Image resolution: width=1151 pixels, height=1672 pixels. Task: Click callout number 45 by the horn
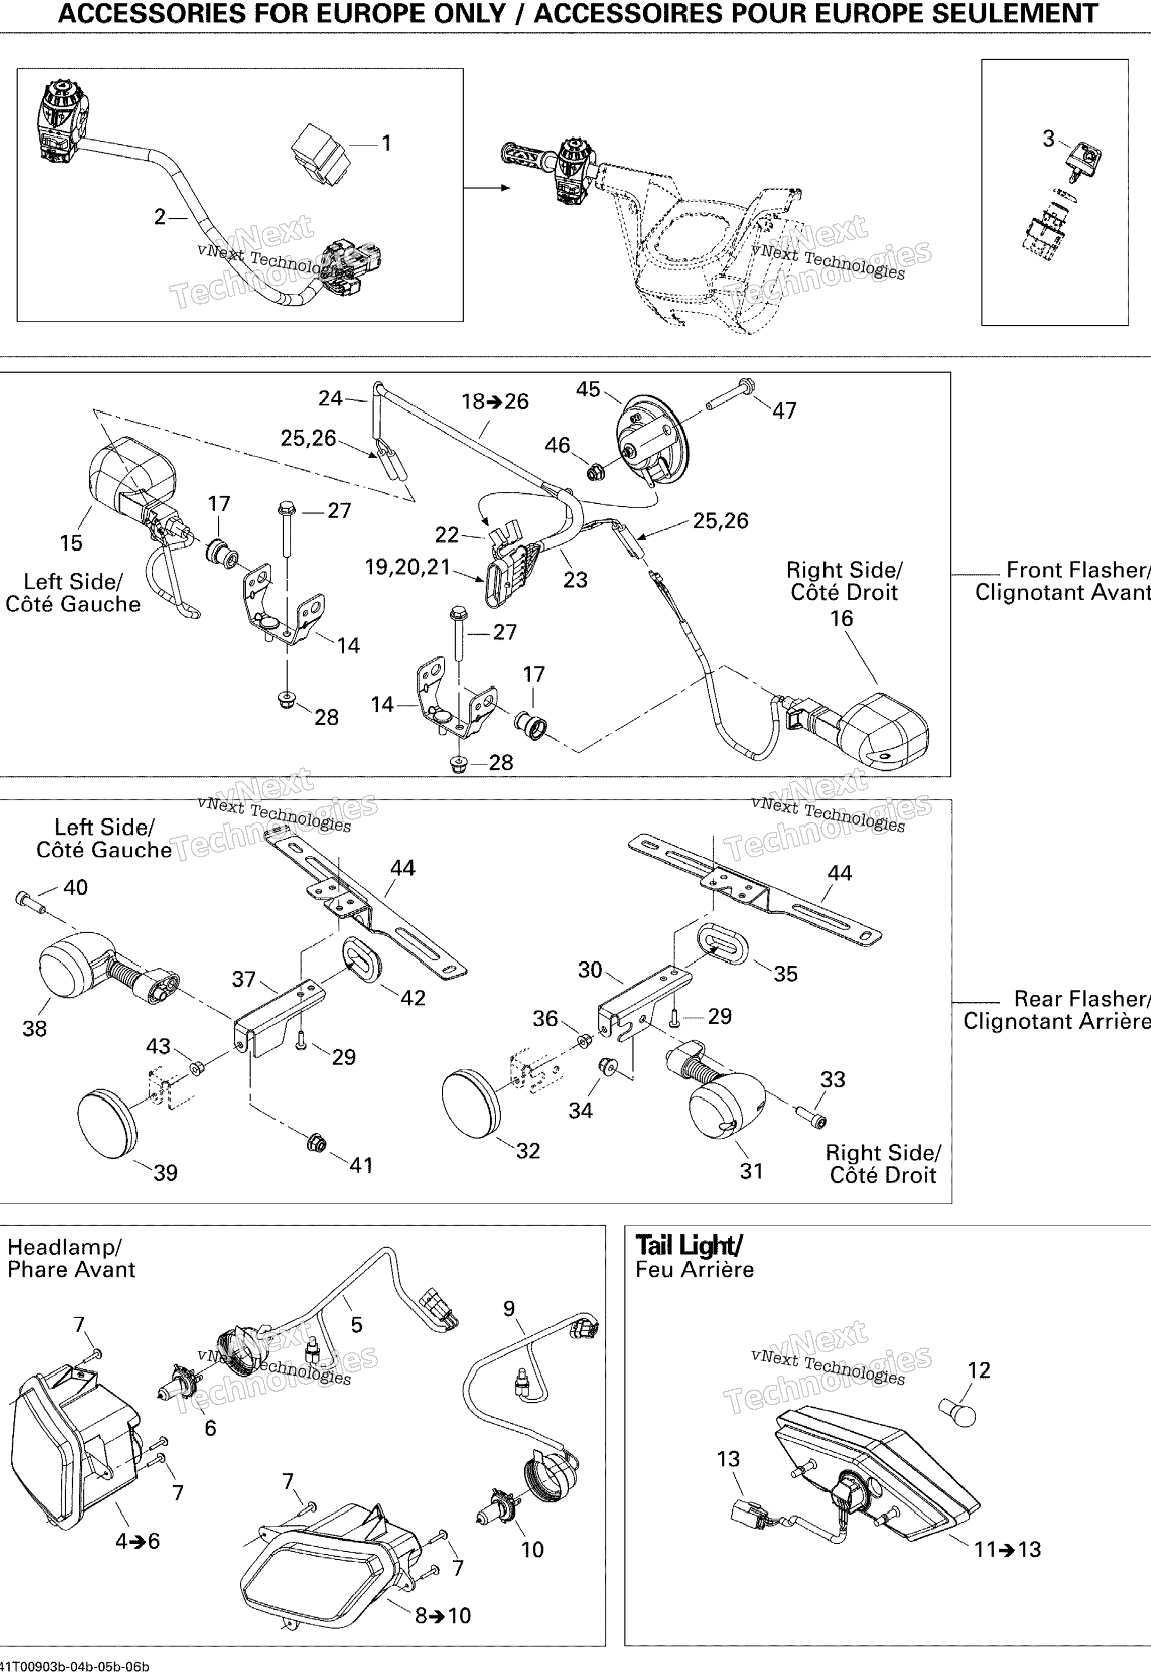tap(588, 389)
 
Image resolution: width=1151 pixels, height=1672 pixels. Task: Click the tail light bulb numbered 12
tap(958, 1410)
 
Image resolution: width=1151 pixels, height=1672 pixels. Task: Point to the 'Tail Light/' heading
tap(688, 1245)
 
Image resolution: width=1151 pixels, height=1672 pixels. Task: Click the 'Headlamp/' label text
tap(64, 1247)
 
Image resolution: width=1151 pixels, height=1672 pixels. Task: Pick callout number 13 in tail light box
tap(728, 1458)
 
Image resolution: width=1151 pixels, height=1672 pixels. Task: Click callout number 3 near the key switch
tap(1049, 139)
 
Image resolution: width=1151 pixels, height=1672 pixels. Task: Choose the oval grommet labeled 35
tap(723, 941)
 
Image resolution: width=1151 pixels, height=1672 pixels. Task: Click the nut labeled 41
tap(316, 1143)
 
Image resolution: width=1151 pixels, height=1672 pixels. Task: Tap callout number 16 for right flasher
tap(841, 618)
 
